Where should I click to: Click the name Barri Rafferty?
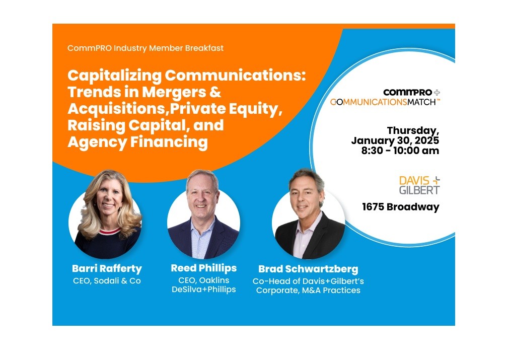pos(107,269)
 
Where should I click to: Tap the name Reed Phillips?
pos(203,268)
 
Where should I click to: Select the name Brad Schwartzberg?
pos(308,269)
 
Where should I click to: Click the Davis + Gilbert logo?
pos(419,185)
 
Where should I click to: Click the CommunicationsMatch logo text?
pos(385,102)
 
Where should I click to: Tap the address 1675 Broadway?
pos(401,207)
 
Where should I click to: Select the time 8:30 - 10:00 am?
pos(400,151)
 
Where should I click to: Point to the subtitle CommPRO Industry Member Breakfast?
pos(146,48)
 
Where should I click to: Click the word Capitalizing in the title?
pos(114,76)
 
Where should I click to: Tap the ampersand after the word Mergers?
pos(215,92)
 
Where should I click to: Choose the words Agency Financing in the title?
pos(137,142)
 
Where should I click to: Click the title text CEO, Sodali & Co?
pos(107,281)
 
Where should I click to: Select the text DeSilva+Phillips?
pos(203,289)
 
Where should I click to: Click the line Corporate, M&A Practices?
pos(308,290)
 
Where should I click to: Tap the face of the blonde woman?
pos(109,199)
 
